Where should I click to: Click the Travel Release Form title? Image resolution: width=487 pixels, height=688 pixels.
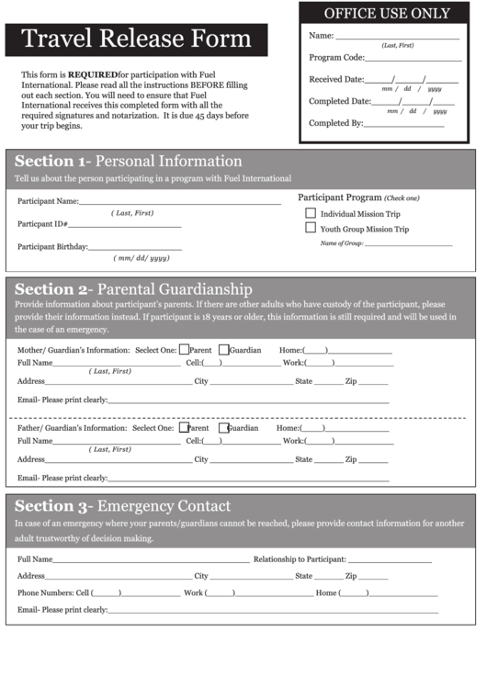tap(136, 39)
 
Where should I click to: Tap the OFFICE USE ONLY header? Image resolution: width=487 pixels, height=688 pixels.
tap(387, 13)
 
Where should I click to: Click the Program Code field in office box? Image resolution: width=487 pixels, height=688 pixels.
tap(425, 57)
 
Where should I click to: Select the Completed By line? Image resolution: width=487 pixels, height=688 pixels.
tap(405, 122)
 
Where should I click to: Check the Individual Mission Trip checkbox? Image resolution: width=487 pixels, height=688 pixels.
tap(311, 213)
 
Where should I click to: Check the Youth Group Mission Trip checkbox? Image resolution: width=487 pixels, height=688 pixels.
tap(311, 228)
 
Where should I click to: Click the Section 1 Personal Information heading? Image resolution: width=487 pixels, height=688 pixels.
tap(129, 162)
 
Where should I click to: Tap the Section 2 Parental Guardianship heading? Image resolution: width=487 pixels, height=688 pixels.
tap(133, 288)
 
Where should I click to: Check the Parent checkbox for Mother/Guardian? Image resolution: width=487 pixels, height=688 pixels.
tap(184, 349)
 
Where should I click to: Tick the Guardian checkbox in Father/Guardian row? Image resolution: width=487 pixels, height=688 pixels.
tap(223, 427)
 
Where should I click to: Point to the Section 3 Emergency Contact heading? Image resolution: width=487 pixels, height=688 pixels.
tap(123, 506)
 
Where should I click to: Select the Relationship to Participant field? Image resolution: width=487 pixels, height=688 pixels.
tap(390, 558)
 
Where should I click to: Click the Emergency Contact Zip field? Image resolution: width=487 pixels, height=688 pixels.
tap(373, 576)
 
